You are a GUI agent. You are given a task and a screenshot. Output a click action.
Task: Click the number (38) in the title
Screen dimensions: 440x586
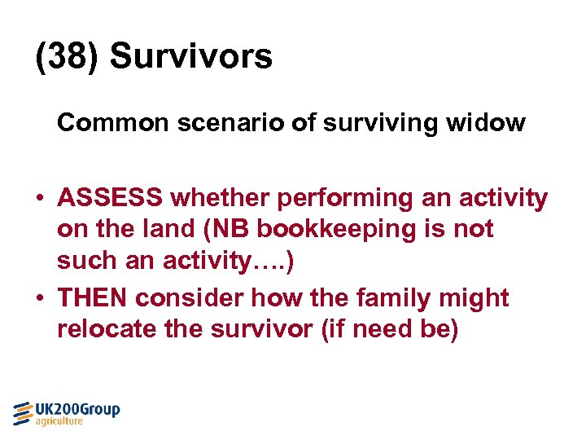pos(68,57)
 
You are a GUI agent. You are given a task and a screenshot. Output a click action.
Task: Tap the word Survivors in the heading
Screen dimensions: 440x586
pos(191,57)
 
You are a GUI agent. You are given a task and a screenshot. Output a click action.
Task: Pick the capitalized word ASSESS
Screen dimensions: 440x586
pos(114,198)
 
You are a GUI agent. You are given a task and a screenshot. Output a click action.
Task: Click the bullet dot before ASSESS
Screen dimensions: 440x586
pos(40,199)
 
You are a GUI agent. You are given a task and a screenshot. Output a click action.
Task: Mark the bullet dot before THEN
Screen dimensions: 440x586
pos(40,299)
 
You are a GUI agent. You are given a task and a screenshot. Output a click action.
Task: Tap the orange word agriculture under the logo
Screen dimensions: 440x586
pos(59,421)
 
